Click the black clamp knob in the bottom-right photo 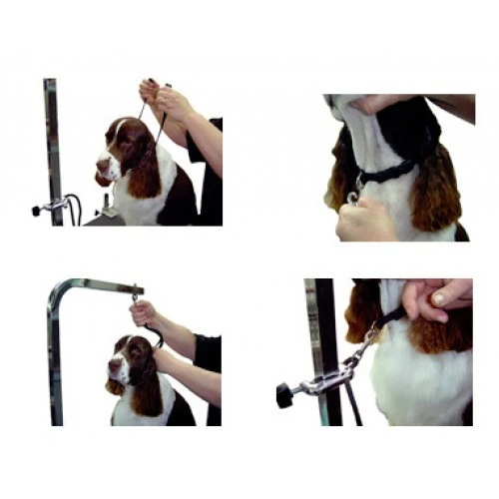(x=285, y=393)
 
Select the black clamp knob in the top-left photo (x=38, y=210)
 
